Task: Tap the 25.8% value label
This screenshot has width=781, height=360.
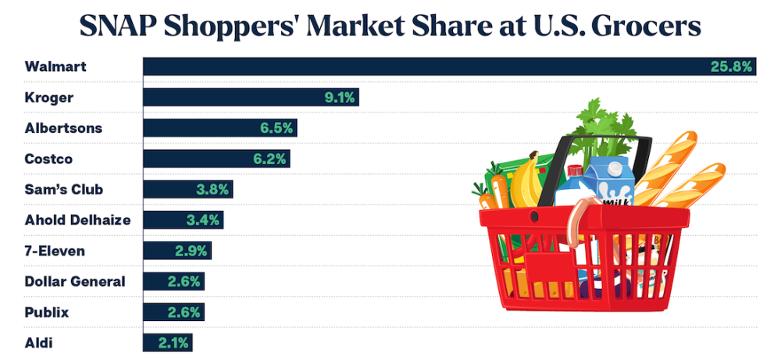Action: tap(731, 67)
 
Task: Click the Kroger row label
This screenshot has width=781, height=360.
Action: tap(50, 98)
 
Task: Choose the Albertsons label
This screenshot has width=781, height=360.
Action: tap(63, 128)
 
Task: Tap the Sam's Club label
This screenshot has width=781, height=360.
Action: tap(64, 189)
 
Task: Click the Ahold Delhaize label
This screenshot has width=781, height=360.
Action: tap(77, 220)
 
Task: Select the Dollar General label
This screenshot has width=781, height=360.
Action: tap(75, 281)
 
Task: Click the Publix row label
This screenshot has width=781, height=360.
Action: tap(47, 312)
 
